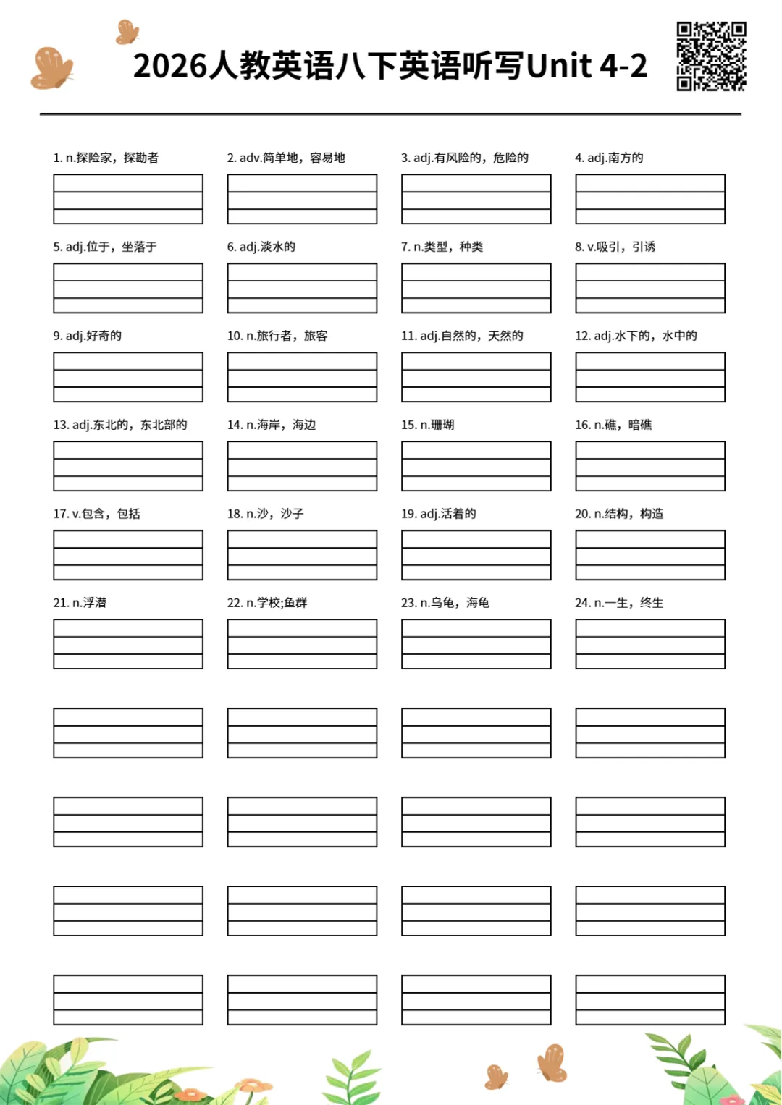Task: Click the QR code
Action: (x=711, y=56)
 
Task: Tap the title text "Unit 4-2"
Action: (x=586, y=66)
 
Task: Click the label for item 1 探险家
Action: (x=106, y=158)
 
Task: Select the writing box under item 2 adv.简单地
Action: (x=302, y=199)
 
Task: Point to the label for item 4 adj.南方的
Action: (x=609, y=158)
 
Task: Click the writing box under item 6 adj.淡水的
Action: (x=302, y=288)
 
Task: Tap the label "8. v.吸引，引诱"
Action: (x=615, y=247)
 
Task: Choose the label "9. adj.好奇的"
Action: (x=87, y=336)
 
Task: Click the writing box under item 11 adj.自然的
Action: (x=476, y=377)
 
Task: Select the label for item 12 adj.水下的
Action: (x=636, y=336)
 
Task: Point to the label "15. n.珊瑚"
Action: (x=427, y=425)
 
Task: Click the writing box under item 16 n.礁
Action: (x=650, y=466)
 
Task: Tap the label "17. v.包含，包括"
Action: (x=96, y=514)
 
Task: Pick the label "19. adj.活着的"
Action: (x=438, y=514)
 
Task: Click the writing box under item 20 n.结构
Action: (x=650, y=555)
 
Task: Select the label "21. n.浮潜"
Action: (x=80, y=603)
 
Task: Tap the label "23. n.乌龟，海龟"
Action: (x=445, y=603)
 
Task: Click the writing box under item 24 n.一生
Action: (x=650, y=644)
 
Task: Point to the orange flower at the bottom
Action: (x=253, y=1085)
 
